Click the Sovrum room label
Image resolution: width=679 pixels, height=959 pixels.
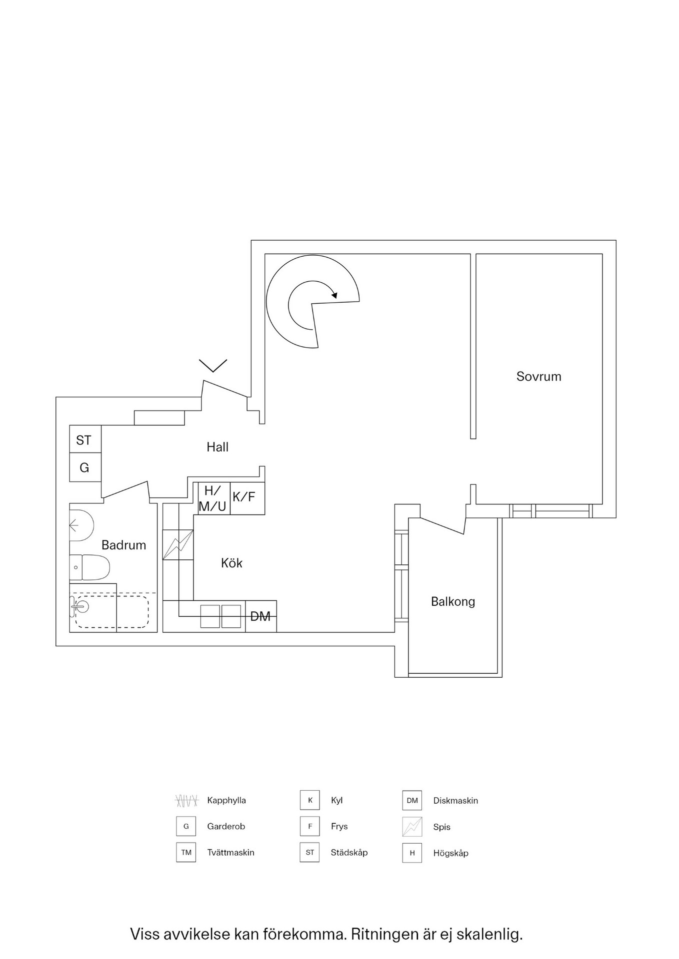click(538, 376)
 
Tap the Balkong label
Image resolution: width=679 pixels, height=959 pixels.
click(452, 601)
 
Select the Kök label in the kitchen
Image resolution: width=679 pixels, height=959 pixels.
click(231, 563)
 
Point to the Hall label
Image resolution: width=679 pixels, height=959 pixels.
click(217, 447)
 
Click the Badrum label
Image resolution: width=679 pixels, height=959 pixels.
click(123, 545)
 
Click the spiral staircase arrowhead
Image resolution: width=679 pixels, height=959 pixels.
click(334, 295)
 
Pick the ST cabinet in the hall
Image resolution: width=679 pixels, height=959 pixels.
click(84, 440)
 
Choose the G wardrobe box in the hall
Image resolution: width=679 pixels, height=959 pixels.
click(84, 468)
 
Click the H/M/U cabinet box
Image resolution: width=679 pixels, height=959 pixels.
click(213, 498)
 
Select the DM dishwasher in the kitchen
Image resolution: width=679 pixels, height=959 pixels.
click(260, 616)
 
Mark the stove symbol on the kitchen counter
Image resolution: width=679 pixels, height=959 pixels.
click(177, 544)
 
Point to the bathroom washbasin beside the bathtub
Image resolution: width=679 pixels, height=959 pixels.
click(80, 607)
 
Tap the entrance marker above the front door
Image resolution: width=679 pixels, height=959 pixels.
click(213, 365)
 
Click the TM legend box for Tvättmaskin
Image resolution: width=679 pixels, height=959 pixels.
click(186, 853)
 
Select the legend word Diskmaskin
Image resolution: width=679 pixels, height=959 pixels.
click(455, 801)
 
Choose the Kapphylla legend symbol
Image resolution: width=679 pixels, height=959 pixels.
click(186, 801)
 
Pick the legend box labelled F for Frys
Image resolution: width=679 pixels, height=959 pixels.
click(310, 827)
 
